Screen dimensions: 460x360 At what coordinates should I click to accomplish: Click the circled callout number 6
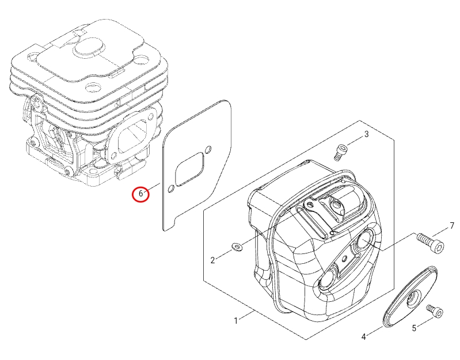(x=140, y=194)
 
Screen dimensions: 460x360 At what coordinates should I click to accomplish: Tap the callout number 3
(x=366, y=134)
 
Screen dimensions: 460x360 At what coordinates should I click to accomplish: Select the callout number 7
(x=452, y=226)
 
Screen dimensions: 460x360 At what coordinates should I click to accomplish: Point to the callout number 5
(x=414, y=328)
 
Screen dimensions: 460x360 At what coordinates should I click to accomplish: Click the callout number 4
(x=364, y=337)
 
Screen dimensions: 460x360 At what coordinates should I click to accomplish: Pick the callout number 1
(x=235, y=321)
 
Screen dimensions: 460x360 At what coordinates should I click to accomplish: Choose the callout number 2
(x=212, y=260)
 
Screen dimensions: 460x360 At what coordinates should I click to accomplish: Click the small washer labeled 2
(x=237, y=247)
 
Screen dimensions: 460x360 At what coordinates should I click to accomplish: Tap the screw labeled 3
(x=340, y=152)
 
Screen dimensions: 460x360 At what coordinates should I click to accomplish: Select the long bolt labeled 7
(x=430, y=243)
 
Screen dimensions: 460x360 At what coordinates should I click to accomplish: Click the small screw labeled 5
(x=435, y=312)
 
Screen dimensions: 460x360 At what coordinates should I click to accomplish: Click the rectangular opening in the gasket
(x=189, y=168)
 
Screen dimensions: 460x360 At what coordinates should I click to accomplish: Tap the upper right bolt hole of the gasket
(x=208, y=149)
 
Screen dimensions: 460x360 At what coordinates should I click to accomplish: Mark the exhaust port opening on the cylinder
(x=132, y=138)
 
